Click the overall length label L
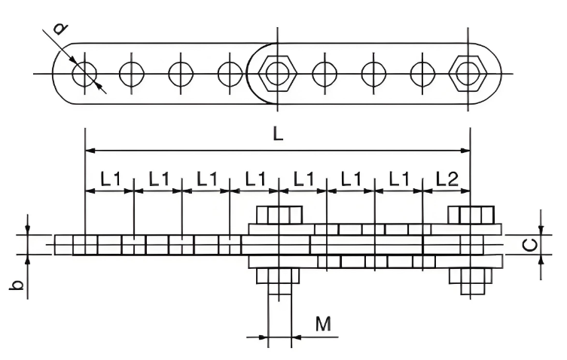click(278, 134)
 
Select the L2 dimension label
click(447, 178)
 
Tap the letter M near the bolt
click(323, 324)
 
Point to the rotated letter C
click(530, 246)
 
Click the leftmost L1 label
click(110, 178)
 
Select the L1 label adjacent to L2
click(398, 178)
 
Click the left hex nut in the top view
click(278, 74)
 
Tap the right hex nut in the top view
click(468, 74)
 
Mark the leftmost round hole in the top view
click(84, 74)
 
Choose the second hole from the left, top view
click(132, 74)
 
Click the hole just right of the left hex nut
click(325, 74)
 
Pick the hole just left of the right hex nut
click(422, 74)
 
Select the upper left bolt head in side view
click(279, 215)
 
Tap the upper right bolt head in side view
click(471, 215)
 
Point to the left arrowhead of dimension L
click(90, 150)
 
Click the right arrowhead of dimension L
click(466, 150)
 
